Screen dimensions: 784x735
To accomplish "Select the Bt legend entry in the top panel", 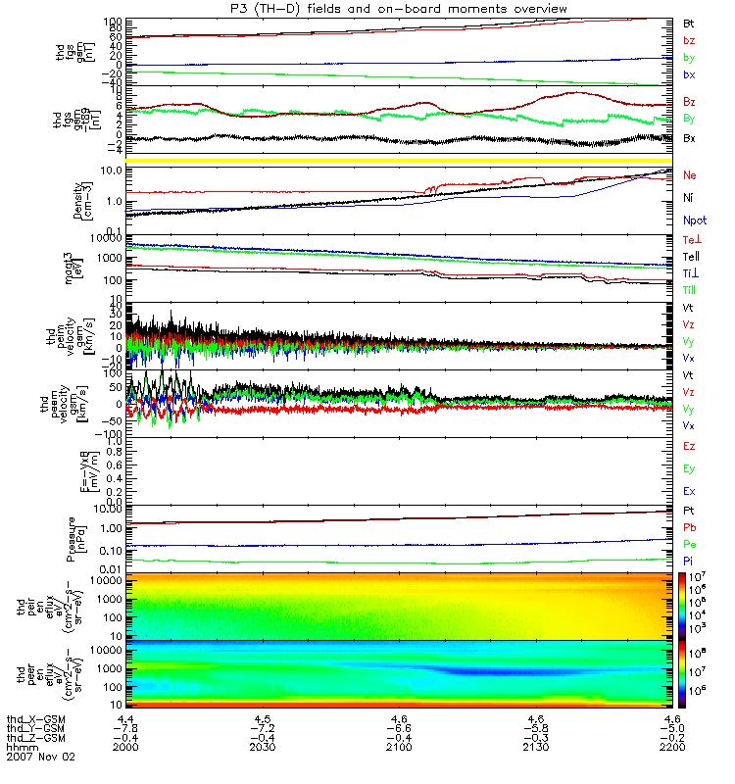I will [689, 22].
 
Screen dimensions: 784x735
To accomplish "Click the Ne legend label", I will [690, 175].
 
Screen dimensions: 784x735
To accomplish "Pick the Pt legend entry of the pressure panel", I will [689, 512].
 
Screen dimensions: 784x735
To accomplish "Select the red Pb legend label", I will [689, 528].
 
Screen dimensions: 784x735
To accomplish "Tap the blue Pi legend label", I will [689, 562].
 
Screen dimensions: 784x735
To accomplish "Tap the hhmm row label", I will [21, 747].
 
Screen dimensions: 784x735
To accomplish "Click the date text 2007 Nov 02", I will [40, 757].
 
